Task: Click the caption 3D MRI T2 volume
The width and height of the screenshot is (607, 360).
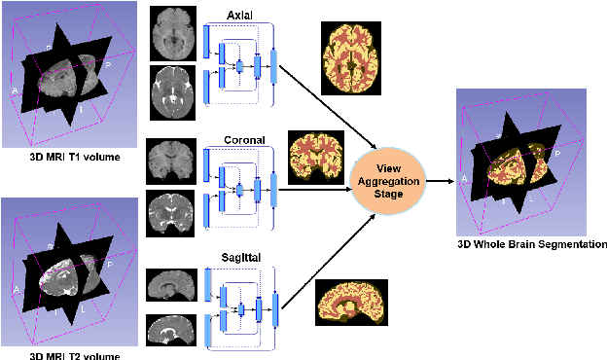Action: coord(62,354)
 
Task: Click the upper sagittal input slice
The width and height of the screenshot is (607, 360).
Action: coord(173,285)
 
